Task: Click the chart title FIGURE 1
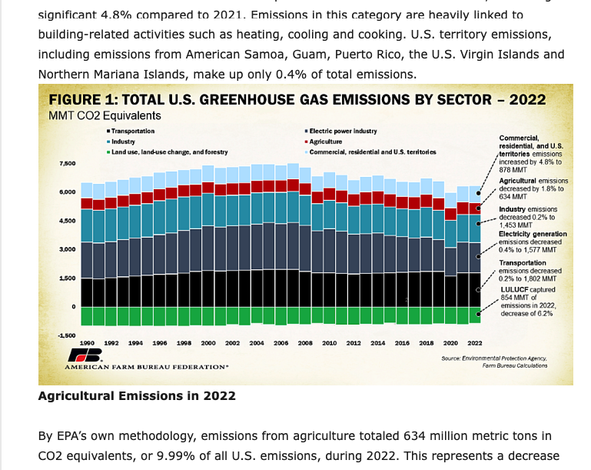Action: click(x=297, y=100)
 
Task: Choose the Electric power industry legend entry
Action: click(x=343, y=132)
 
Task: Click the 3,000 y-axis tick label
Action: click(x=66, y=249)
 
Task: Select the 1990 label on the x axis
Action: click(x=88, y=343)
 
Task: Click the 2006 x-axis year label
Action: click(x=281, y=343)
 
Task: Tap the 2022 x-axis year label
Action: click(x=474, y=343)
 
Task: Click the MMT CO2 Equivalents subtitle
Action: click(x=105, y=116)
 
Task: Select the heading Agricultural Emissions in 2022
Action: click(x=137, y=396)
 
